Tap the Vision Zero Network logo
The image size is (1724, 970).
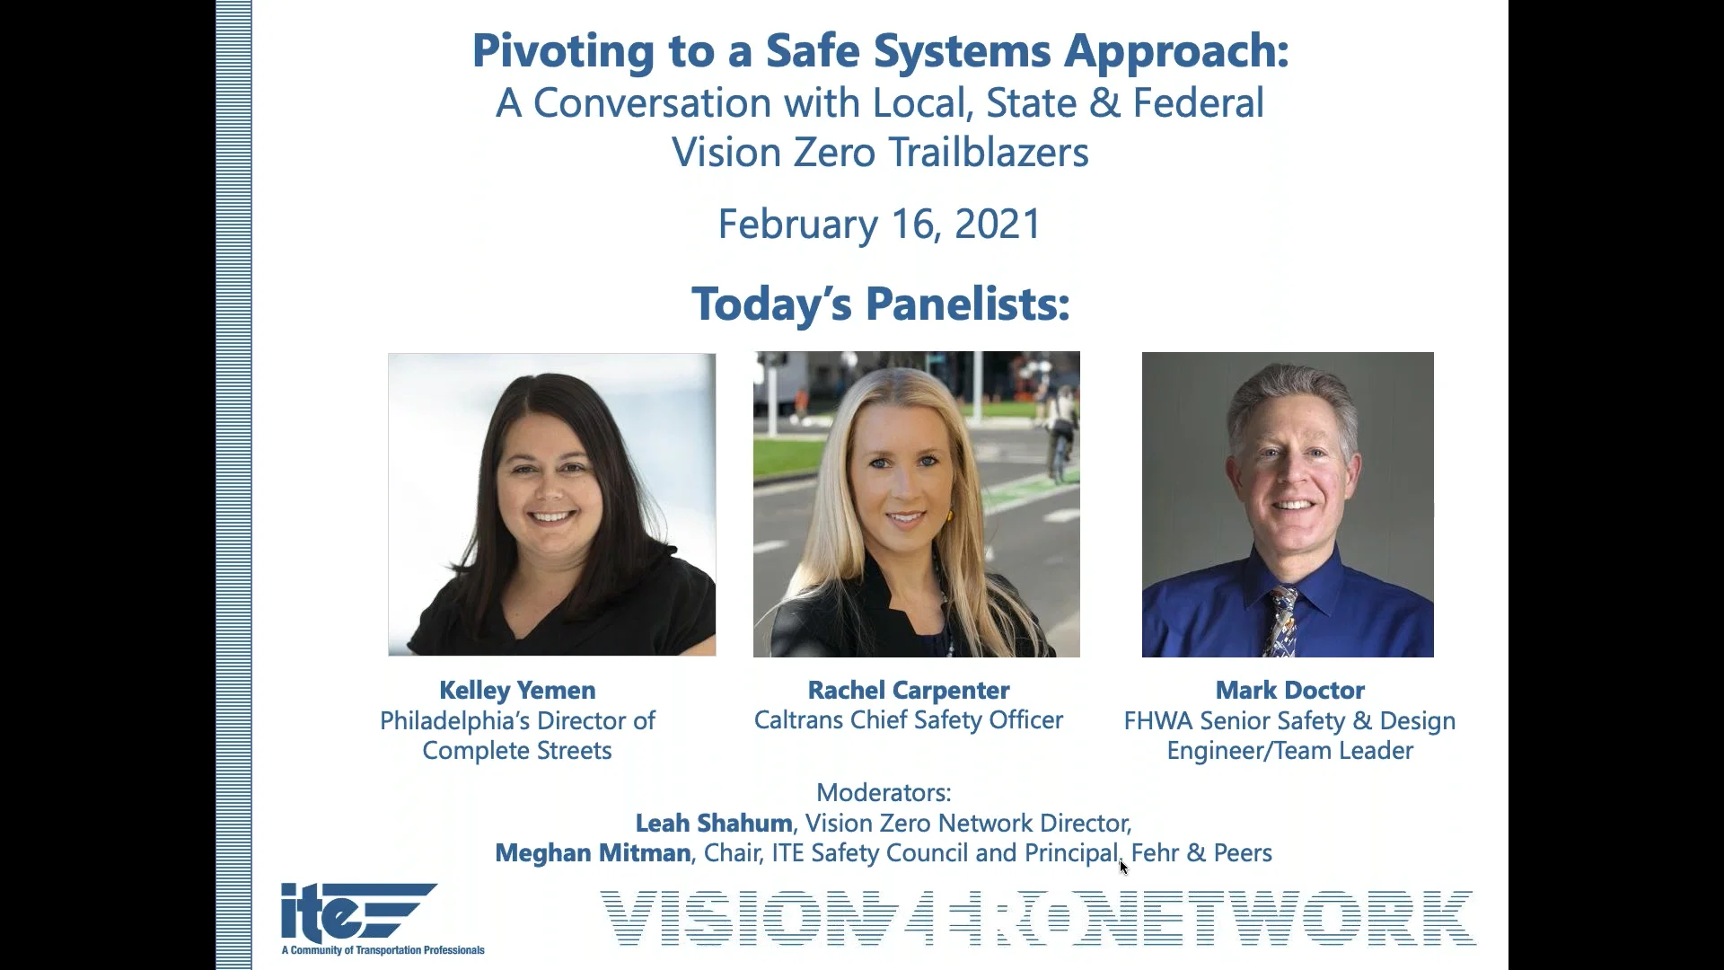coord(1037,918)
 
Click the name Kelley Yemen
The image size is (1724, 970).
coord(517,690)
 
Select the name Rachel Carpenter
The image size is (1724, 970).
coord(908,690)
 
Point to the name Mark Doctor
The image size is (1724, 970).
coord(1289,690)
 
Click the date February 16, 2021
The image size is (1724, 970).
coord(879,224)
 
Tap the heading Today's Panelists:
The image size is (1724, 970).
coord(880,304)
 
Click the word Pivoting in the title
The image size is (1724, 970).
coord(563,51)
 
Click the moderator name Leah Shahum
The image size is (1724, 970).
coord(713,823)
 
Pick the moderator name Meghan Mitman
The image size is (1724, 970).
coord(593,852)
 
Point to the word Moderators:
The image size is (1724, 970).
coord(884,792)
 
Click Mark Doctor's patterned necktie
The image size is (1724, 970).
coord(1281,619)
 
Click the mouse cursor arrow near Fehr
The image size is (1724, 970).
coord(1123,867)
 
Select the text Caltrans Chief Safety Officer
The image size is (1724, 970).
coord(908,720)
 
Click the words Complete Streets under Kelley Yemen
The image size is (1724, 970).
coord(517,751)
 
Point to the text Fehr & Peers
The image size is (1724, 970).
coord(1201,852)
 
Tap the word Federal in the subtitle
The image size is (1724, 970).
coord(1198,103)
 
